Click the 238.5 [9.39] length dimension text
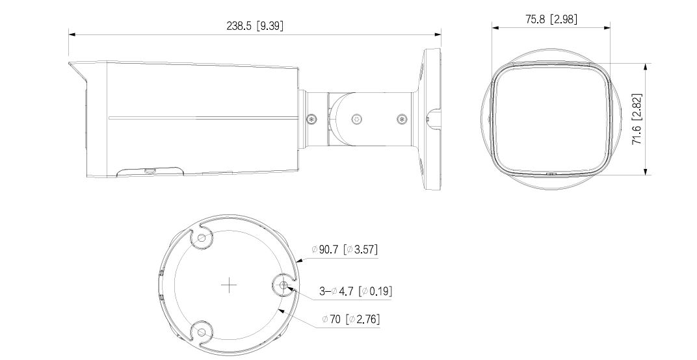point(254,25)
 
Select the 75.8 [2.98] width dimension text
point(551,19)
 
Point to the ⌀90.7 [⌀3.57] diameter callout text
point(344,250)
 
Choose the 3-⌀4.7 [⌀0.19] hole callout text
point(356,291)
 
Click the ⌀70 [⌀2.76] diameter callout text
point(351,319)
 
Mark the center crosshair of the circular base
point(229,285)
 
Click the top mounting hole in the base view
point(202,238)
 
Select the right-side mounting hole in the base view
point(284,284)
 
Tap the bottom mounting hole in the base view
point(202,332)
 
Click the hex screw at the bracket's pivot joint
point(356,120)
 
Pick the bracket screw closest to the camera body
point(312,119)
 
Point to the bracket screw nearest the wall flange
point(401,119)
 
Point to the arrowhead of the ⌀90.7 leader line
point(296,261)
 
